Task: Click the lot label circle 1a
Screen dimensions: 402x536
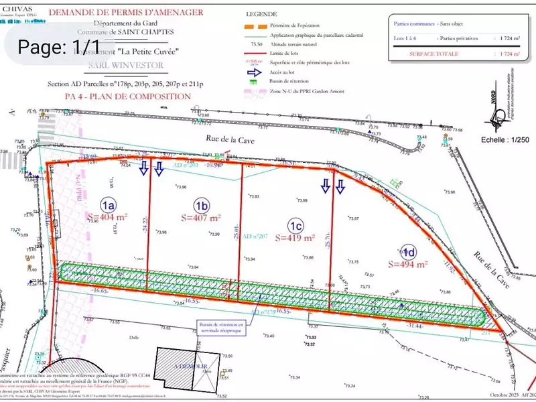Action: [108, 204]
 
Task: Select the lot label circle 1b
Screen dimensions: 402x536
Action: [202, 204]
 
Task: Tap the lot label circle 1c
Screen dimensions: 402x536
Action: [295, 224]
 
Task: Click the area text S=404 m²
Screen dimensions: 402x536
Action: [107, 217]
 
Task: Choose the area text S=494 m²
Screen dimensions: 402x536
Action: [408, 264]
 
